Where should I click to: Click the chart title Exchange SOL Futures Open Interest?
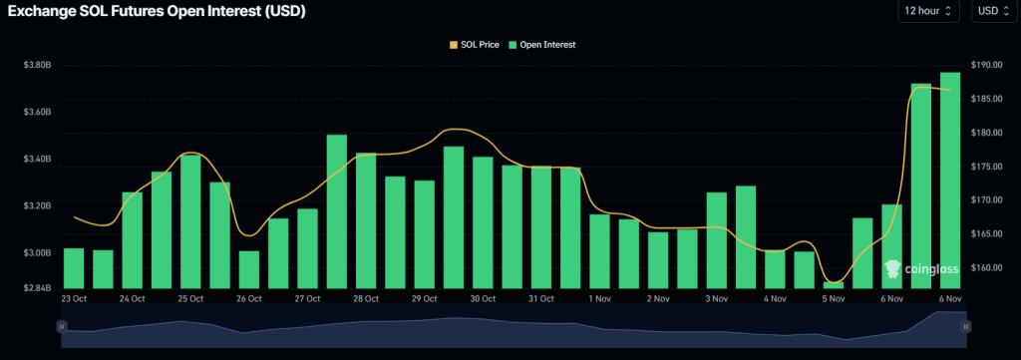[x=156, y=13]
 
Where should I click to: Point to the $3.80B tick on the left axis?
[x=37, y=65]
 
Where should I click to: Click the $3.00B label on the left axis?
[x=37, y=253]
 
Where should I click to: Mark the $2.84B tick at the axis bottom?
[x=37, y=288]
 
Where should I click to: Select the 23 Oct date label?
[x=74, y=298]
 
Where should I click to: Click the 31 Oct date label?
[x=541, y=298]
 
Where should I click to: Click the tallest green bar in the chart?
[x=950, y=180]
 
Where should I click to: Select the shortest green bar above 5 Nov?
[x=834, y=285]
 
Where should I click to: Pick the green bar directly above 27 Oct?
[x=307, y=248]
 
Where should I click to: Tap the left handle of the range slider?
[x=62, y=326]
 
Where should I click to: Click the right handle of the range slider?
[x=965, y=326]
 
